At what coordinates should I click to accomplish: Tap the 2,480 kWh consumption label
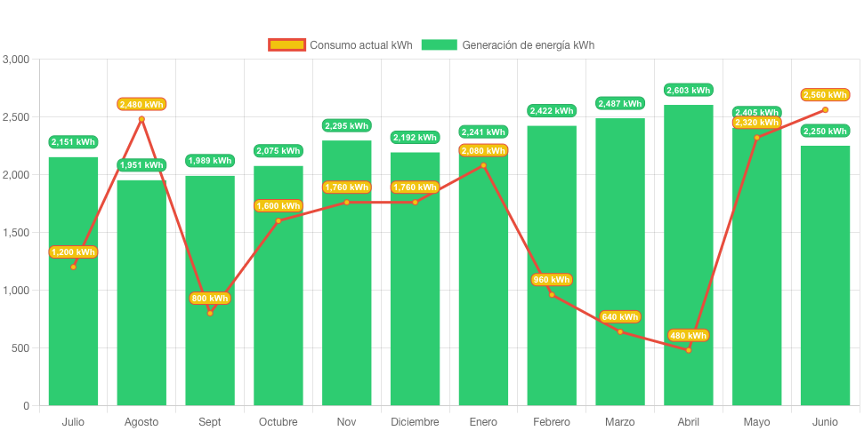(x=141, y=104)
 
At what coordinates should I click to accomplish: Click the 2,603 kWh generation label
(x=688, y=90)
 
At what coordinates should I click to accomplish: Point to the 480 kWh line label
(x=688, y=335)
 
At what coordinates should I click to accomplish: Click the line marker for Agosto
(x=141, y=119)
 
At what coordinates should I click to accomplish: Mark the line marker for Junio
(x=825, y=109)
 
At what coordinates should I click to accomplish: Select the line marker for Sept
(x=210, y=313)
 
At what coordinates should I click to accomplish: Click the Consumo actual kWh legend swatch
(x=287, y=44)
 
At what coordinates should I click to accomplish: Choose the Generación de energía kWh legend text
(x=529, y=44)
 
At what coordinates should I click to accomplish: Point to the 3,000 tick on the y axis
(x=16, y=60)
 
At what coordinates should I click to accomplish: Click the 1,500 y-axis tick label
(x=16, y=233)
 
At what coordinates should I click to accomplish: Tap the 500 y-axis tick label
(x=20, y=348)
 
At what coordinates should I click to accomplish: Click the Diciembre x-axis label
(x=415, y=421)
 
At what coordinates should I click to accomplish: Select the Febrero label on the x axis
(x=552, y=421)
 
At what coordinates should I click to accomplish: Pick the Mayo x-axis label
(x=756, y=421)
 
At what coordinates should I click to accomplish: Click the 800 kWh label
(x=210, y=298)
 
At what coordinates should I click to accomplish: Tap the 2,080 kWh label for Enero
(x=483, y=150)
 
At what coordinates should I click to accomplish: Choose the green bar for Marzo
(x=620, y=267)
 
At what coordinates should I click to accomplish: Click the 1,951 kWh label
(x=141, y=164)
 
